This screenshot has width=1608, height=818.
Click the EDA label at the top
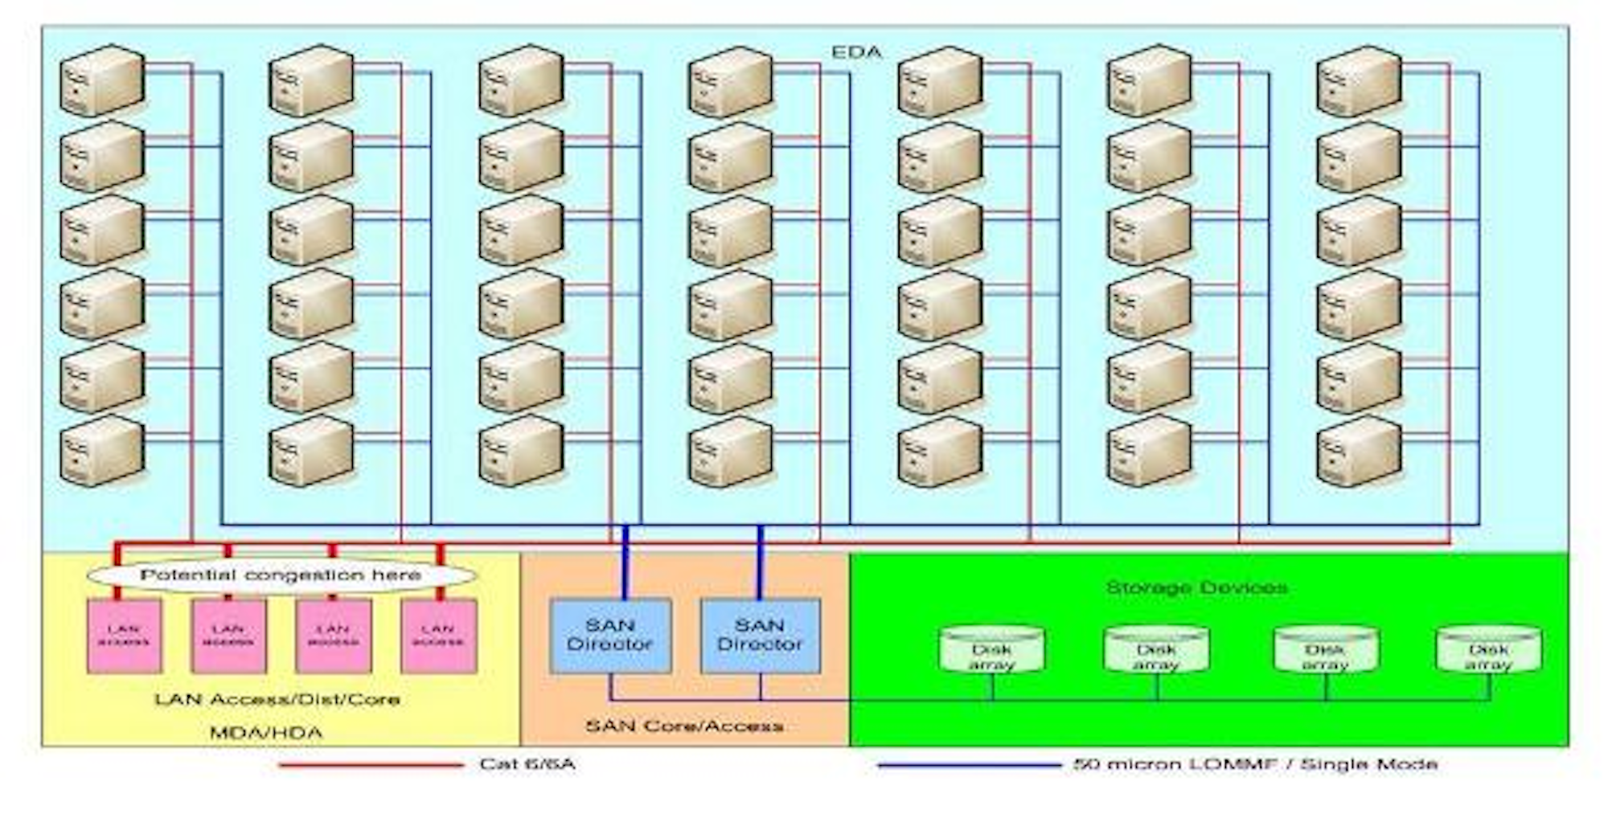[x=856, y=52]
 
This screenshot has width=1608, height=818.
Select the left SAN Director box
[x=610, y=635]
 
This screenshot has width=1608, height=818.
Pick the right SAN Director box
[x=761, y=635]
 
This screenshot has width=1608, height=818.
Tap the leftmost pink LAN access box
[x=124, y=636]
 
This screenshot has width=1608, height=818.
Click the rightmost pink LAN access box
[x=438, y=636]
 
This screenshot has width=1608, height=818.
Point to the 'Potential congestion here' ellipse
[x=281, y=575]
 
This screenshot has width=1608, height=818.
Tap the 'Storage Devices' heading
[x=1196, y=588]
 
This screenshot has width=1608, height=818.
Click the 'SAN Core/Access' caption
[x=684, y=726]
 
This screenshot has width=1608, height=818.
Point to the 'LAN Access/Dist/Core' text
[x=277, y=700]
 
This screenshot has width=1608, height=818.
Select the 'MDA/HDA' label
[x=266, y=733]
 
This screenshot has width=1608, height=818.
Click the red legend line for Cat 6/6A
[x=371, y=765]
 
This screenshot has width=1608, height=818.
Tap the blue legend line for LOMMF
[x=969, y=765]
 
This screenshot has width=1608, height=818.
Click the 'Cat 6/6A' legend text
[x=527, y=764]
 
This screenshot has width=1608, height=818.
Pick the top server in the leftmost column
[x=102, y=80]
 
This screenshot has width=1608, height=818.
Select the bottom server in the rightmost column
[x=1359, y=452]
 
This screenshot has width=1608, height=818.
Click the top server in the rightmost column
[x=1359, y=80]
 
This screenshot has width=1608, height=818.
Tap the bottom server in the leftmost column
[x=102, y=452]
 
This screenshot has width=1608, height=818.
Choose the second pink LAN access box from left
[x=228, y=636]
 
